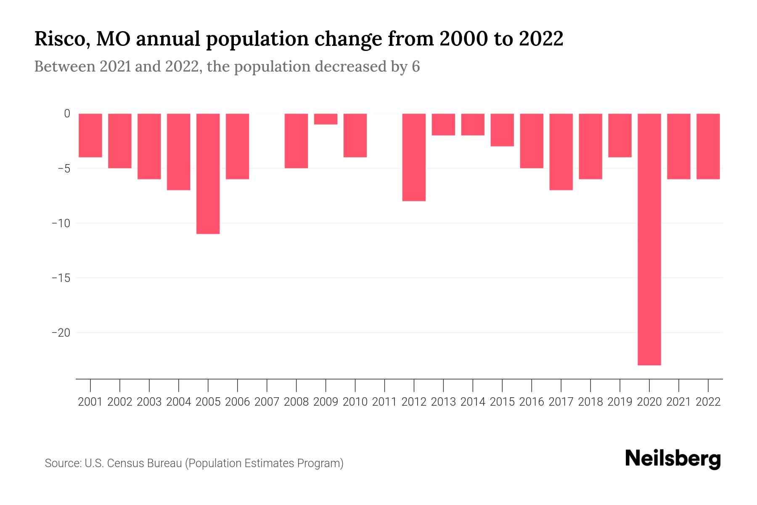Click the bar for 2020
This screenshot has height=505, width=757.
[649, 239]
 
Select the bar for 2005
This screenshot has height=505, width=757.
[208, 173]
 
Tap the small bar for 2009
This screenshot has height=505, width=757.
[326, 119]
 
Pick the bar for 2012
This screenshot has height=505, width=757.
[414, 157]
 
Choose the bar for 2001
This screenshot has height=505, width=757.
[90, 135]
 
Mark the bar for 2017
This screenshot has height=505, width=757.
[561, 151]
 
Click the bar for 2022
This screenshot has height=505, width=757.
[708, 146]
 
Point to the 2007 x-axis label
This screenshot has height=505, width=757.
[267, 402]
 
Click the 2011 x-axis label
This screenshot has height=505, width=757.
[384, 402]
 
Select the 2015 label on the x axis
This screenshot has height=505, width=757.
[502, 402]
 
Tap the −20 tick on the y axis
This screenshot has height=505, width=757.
[61, 333]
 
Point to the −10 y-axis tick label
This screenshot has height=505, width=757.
[61, 223]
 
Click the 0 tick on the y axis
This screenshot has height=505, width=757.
[67, 114]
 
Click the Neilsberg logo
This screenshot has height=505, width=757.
[673, 459]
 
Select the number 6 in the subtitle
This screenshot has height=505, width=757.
[416, 66]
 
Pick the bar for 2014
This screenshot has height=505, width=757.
[473, 124]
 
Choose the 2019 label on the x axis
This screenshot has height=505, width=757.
[620, 402]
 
